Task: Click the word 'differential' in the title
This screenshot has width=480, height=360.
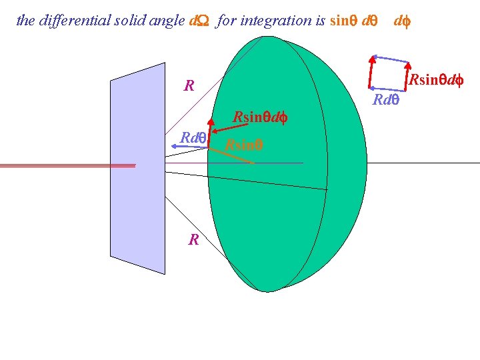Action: pyautogui.click(x=71, y=21)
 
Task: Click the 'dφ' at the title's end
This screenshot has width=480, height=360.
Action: pyautogui.click(x=401, y=21)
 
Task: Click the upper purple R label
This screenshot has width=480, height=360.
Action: pyautogui.click(x=189, y=86)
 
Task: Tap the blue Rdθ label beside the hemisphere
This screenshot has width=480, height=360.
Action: pyautogui.click(x=193, y=138)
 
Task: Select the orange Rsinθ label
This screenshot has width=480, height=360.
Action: pyautogui.click(x=243, y=144)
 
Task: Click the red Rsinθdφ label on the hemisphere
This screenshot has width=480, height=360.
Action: pyautogui.click(x=259, y=118)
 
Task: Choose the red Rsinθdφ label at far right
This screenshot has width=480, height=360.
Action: pyautogui.click(x=436, y=81)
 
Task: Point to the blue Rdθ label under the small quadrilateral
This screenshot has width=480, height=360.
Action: pyautogui.click(x=385, y=101)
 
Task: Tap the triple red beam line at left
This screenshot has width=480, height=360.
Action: pyautogui.click(x=67, y=165)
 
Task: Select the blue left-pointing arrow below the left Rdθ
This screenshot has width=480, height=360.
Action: pyautogui.click(x=191, y=147)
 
